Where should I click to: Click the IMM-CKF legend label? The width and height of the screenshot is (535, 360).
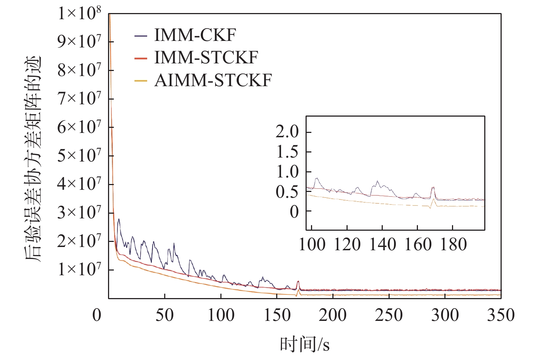195,35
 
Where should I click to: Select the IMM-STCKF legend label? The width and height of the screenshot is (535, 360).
206,58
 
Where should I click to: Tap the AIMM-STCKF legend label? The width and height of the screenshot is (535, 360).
213,80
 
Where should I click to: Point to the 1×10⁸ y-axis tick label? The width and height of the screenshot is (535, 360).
79,13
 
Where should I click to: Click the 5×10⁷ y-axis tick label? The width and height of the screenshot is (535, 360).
79,156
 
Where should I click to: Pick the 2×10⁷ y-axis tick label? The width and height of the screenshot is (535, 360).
79,241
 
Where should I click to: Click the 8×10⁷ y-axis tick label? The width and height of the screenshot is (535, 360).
79,70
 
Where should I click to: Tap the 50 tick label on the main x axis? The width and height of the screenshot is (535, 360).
165,315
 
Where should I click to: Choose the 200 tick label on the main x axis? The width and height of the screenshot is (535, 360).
333,315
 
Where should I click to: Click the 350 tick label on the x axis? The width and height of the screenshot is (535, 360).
501,315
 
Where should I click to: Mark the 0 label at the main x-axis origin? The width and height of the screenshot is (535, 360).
97,315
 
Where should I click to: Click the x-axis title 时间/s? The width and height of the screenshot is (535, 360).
305,344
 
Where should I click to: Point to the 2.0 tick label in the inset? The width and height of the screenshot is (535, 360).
287,132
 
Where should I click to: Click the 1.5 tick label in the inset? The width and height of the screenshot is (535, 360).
287,152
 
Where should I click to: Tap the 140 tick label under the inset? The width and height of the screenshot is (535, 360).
382,245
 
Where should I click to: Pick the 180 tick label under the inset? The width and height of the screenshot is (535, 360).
453,245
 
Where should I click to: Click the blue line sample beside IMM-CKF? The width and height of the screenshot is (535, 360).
141,36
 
